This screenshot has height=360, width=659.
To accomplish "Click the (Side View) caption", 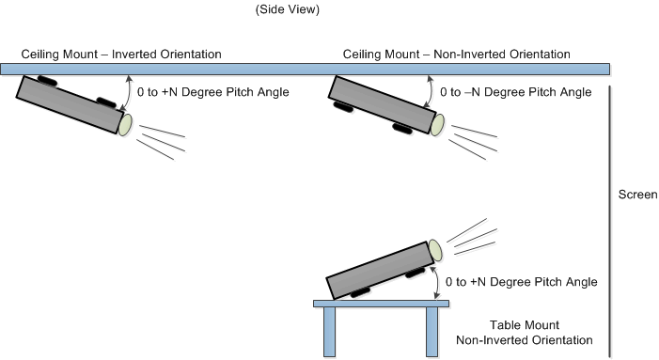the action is pos(288,9).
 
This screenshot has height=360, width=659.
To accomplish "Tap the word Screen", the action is pos(637,195).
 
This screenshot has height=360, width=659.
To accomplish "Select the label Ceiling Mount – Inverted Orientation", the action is pos(121,55).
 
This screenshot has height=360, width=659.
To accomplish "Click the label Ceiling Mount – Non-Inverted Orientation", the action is pos(457,55).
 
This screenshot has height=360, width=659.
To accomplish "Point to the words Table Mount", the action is pos(524,325).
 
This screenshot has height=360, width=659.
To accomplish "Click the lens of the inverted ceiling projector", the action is pos(125,125).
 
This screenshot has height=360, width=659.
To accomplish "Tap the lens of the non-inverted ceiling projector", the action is pos(437,125).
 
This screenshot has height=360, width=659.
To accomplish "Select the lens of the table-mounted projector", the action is pos(435,250).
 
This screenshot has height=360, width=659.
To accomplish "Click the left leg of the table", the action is pos(329,332).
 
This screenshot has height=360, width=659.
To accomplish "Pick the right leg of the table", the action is pos(431,332).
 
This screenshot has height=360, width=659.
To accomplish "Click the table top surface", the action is pos(381,304).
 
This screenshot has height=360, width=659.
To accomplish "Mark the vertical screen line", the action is pos(610,222).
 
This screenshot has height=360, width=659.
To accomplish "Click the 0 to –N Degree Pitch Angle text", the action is pos(516,92).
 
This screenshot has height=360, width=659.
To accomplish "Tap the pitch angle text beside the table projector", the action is pos(521,282).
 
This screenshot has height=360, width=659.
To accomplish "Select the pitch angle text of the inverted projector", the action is pos(213,92).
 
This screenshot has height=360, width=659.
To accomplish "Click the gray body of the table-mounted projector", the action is pos(380,271).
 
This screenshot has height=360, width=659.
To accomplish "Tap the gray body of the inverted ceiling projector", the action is pos(70,104).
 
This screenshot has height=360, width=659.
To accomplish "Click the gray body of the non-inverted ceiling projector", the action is pos(382,104).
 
